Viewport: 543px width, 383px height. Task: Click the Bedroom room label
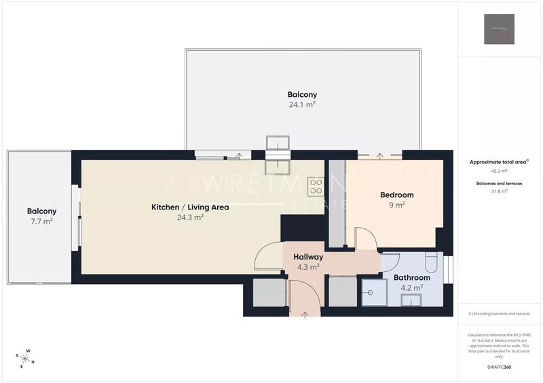397,195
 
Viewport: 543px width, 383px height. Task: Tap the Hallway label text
308,258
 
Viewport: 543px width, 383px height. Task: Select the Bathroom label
412,278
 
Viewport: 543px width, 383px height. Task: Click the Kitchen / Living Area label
190,207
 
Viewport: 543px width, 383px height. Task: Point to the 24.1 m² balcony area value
302,105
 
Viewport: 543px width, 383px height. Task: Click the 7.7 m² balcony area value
41,222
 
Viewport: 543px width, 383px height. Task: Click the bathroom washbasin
411,301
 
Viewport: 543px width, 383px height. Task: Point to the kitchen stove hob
316,186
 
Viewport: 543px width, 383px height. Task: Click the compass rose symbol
26,359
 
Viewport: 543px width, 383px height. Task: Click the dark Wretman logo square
499,29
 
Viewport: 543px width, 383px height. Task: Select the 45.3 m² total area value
499,172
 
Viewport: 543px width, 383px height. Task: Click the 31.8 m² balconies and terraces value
499,191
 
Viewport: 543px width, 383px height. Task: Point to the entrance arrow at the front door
303,315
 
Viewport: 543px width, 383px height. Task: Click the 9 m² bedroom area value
397,205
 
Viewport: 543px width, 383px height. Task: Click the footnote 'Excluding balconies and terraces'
499,313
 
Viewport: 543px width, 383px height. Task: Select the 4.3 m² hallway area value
308,268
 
